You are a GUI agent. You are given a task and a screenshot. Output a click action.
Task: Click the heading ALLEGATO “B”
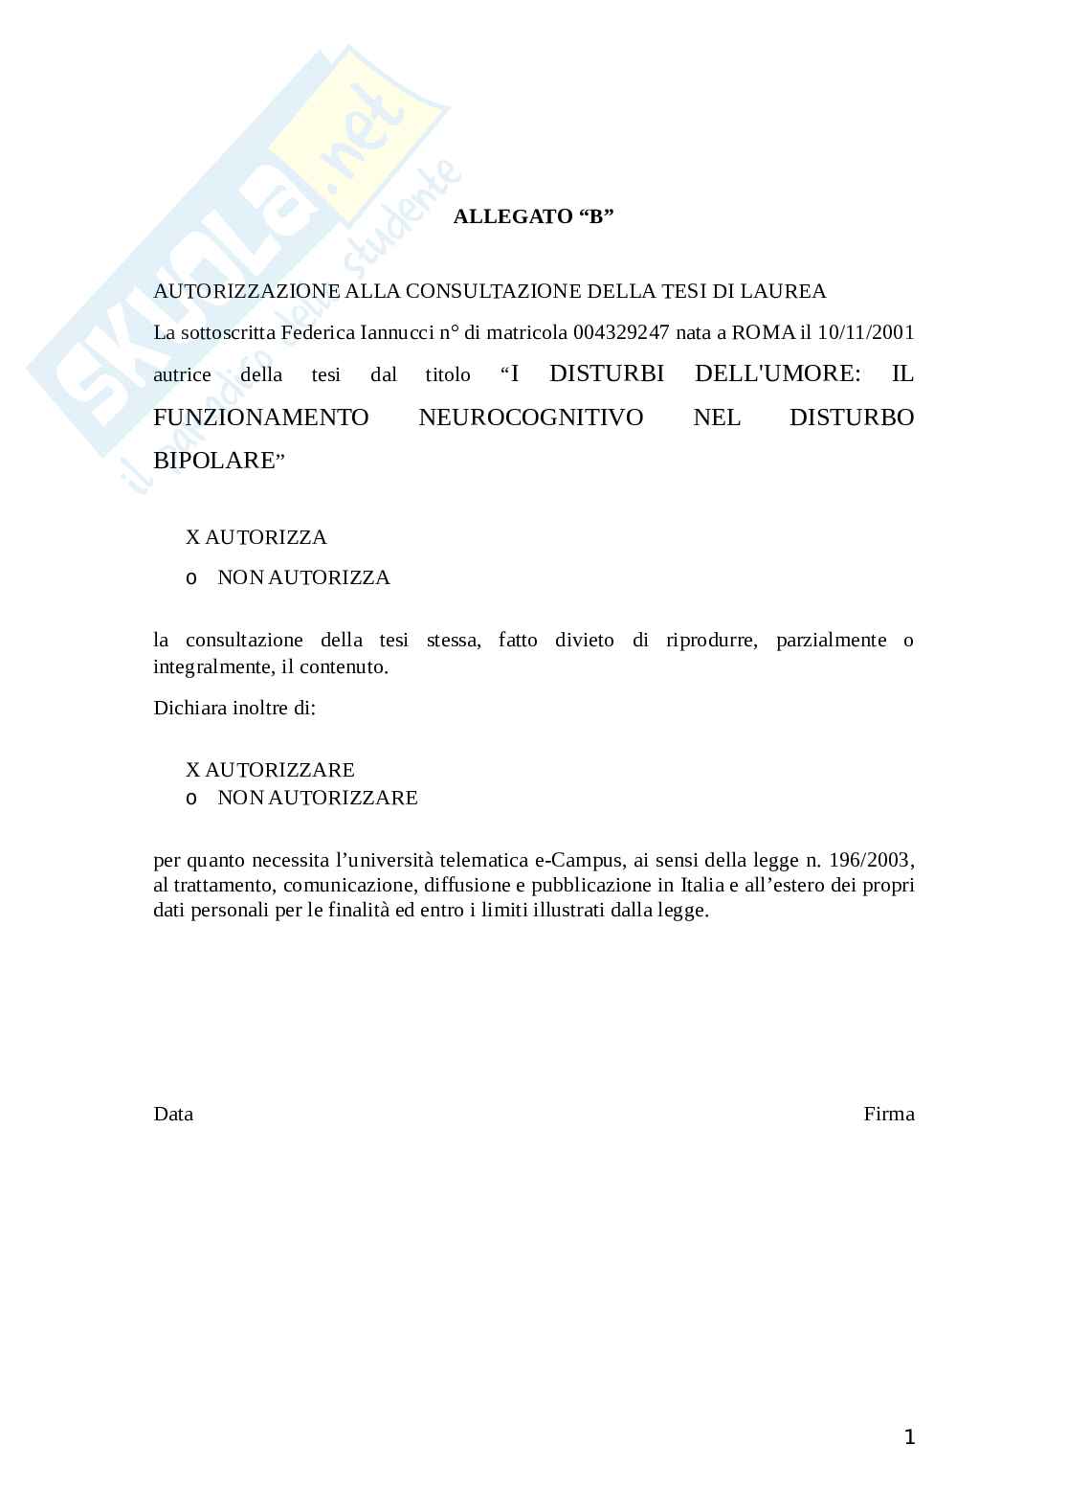click(x=533, y=216)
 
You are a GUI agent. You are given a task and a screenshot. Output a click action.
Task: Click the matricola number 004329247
click(x=621, y=332)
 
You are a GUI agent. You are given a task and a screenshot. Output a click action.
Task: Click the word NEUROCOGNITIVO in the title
click(x=531, y=417)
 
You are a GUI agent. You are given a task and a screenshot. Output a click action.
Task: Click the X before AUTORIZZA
click(x=192, y=537)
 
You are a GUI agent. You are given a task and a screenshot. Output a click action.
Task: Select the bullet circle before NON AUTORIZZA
click(x=191, y=578)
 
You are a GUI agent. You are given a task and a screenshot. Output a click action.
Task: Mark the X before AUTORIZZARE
click(x=192, y=770)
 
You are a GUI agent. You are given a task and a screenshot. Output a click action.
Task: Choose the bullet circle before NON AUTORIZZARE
click(x=191, y=799)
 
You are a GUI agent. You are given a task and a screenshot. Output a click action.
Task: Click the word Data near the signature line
click(x=173, y=1114)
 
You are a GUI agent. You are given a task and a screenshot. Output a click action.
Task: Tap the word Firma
click(x=889, y=1114)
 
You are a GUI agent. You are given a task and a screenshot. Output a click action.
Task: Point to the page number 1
click(x=910, y=1437)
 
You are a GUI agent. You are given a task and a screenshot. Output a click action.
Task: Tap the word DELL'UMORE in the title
click(x=778, y=374)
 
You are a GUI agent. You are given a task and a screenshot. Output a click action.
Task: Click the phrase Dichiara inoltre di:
click(x=234, y=709)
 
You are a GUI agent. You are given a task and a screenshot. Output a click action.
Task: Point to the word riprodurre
click(x=710, y=640)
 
